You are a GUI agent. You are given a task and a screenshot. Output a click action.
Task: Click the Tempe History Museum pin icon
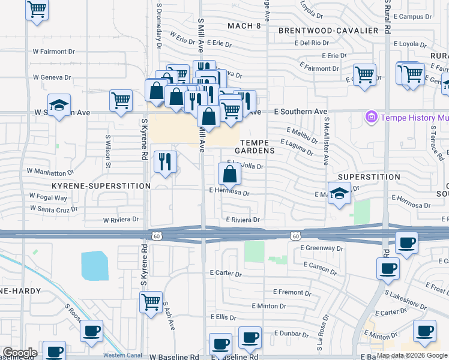click(x=370, y=116)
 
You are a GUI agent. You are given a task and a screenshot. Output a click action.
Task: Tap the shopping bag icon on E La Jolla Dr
click(x=229, y=175)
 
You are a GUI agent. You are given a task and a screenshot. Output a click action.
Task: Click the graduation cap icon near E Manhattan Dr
click(x=340, y=194)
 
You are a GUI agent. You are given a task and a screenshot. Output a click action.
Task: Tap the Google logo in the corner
click(x=19, y=353)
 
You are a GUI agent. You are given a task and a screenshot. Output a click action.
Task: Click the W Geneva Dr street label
click(x=52, y=77)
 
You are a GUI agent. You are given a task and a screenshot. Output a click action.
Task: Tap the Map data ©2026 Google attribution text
click(x=412, y=355)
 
